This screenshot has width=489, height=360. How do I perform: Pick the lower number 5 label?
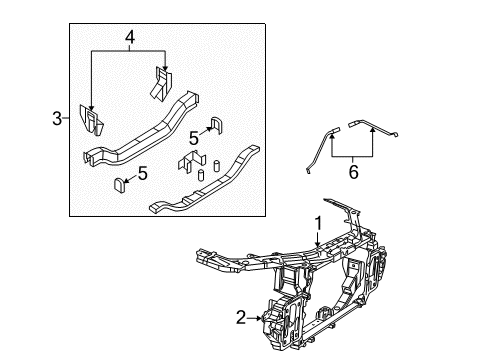[x=142, y=174]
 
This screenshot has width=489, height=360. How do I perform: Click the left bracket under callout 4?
[x=93, y=120]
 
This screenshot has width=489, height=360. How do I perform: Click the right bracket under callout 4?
[x=163, y=82]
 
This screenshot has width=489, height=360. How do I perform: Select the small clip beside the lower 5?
[x=119, y=184]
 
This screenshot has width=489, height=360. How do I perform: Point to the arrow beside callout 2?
[x=257, y=318]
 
